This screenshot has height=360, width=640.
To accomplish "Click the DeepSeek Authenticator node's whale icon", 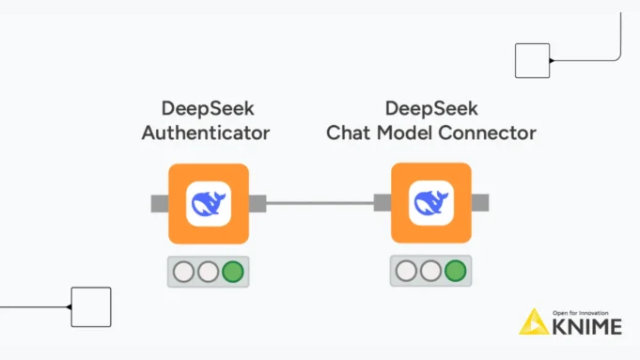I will [208, 203].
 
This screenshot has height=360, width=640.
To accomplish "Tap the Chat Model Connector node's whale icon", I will [430, 203].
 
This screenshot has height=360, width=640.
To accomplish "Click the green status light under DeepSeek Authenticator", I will [232, 273].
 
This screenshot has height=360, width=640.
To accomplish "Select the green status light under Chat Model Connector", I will [455, 273].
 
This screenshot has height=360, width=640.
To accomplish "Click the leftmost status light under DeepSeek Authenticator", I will [184, 273].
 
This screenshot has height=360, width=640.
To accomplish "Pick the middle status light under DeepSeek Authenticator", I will [208, 273].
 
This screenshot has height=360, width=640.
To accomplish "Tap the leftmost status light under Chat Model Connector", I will [407, 273].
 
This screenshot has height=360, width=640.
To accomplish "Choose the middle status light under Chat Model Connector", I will [430, 273].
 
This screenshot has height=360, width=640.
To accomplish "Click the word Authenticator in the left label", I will [206, 133].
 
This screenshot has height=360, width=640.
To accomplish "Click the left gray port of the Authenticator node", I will [159, 203].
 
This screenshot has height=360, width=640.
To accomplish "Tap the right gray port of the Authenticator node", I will [257, 203].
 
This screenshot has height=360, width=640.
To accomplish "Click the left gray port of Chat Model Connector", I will [382, 203].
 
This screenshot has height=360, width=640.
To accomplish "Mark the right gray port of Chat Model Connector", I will [479, 203].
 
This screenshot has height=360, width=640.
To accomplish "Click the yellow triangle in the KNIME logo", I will [533, 322].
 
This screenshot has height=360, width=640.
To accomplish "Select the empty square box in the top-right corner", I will [532, 60].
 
